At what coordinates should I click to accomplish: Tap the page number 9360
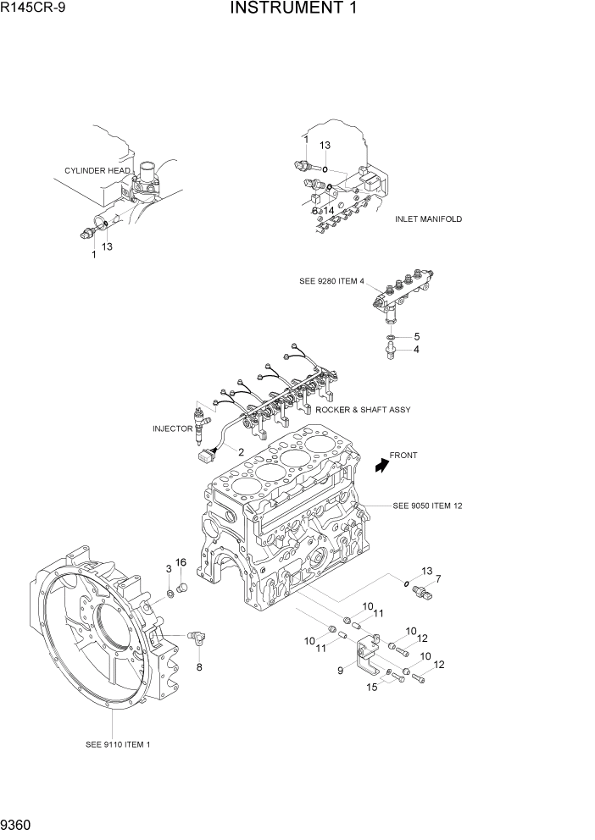[19, 824]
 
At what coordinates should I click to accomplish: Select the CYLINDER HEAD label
[97, 171]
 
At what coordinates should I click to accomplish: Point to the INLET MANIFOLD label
[428, 219]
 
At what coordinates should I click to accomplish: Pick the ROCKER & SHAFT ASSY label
[364, 410]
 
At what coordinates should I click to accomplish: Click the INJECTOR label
[173, 428]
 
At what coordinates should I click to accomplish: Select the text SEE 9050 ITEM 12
[427, 506]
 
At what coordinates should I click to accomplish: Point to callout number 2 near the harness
[241, 451]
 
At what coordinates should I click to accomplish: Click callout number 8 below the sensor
[199, 667]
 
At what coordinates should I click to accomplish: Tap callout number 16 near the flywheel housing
[181, 562]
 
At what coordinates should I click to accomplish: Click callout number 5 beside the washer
[416, 336]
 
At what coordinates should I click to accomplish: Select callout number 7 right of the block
[438, 580]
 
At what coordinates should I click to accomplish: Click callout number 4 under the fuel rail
[416, 349]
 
